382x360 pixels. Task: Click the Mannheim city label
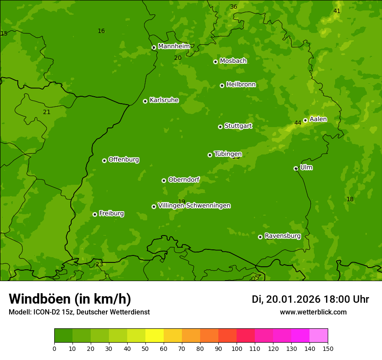pyautogui.click(x=174, y=46)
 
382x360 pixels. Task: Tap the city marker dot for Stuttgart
pyautogui.click(x=220, y=127)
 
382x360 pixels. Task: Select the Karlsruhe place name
pyautogui.click(x=164, y=100)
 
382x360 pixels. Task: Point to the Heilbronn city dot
pyautogui.click(x=222, y=85)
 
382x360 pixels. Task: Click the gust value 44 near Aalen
pyautogui.click(x=298, y=123)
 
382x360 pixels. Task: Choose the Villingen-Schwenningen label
pyautogui.click(x=194, y=206)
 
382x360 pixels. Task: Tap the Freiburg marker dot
pyautogui.click(x=95, y=214)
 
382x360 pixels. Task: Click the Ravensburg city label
pyautogui.click(x=282, y=236)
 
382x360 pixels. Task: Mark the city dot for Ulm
pyautogui.click(x=296, y=168)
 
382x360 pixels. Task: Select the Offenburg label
pyautogui.click(x=124, y=160)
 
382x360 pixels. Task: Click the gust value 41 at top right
pyautogui.click(x=337, y=11)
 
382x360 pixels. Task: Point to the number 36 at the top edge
pyautogui.click(x=234, y=7)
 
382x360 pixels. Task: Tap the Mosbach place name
pyautogui.click(x=233, y=61)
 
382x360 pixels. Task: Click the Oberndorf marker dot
pyautogui.click(x=164, y=180)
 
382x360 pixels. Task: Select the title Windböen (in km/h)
pyautogui.click(x=70, y=299)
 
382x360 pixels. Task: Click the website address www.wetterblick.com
pyautogui.click(x=313, y=312)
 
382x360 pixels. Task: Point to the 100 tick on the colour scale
pyautogui.click(x=237, y=348)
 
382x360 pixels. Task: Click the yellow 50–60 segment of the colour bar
pyautogui.click(x=155, y=336)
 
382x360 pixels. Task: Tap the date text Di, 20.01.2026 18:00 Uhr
pyautogui.click(x=310, y=299)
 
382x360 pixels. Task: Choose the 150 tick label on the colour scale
pyautogui.click(x=328, y=348)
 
